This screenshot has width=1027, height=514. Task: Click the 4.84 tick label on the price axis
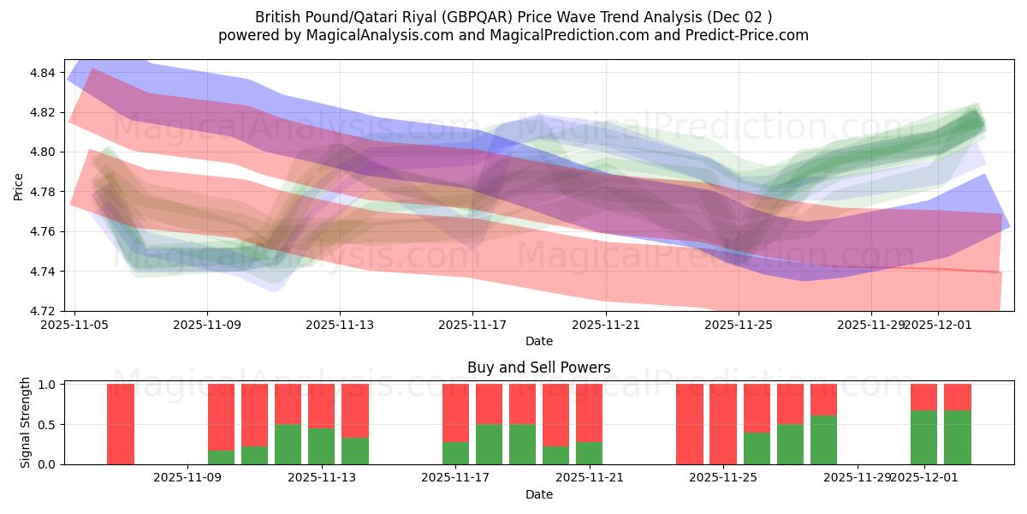pos(43,73)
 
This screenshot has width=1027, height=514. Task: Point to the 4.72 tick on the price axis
pos(43,311)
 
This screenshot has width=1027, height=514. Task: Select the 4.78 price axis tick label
pos(43,192)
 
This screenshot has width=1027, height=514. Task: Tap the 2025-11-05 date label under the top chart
pos(74,325)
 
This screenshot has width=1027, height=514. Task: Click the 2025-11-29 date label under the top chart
pos(870,325)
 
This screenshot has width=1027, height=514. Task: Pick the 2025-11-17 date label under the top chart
pos(472,325)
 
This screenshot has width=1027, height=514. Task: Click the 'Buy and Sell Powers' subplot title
pos(538,368)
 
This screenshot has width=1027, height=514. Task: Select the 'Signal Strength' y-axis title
pos(26,422)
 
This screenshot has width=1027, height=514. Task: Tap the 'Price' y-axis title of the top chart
pos(19,185)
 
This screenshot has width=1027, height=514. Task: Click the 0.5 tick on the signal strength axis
pos(47,424)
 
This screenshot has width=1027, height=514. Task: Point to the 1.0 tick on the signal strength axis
pos(47,385)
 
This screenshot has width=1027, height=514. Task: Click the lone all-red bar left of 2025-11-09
pos(121,424)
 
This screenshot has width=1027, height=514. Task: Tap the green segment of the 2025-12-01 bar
pos(924,437)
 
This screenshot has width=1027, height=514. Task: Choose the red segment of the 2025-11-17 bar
pos(456,412)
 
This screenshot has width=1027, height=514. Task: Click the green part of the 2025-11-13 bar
pos(322,445)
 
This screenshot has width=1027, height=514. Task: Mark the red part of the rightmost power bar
pos(958,397)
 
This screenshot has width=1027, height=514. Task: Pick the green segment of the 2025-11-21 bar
pos(590,452)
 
